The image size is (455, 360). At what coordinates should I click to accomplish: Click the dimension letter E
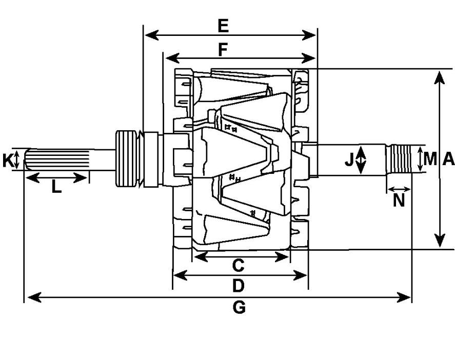click(223, 26)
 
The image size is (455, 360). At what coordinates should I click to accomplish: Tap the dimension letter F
click(223, 50)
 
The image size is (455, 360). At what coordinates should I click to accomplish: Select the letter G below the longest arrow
click(239, 308)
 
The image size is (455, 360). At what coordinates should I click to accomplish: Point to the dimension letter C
click(238, 265)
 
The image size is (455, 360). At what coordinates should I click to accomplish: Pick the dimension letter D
click(239, 286)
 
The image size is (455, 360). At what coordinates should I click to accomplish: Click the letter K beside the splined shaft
click(7, 161)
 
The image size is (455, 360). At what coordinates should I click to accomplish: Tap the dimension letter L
click(56, 186)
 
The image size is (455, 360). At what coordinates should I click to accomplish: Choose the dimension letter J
click(348, 160)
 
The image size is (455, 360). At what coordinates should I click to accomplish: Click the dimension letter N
click(399, 200)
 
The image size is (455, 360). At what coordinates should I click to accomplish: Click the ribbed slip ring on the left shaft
click(126, 158)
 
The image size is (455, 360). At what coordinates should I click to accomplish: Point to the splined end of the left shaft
click(56, 159)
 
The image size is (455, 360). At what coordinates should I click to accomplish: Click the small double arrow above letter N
click(399, 189)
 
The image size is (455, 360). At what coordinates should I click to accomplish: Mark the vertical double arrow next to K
click(16, 159)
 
